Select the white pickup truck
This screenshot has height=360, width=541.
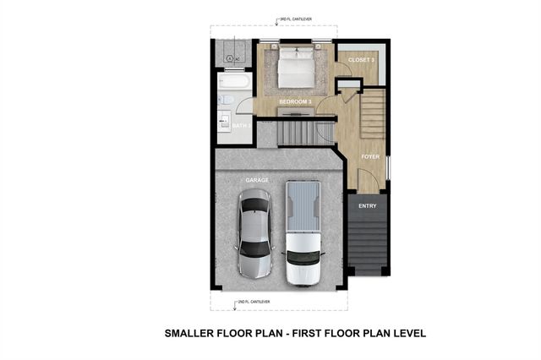coord(302,234)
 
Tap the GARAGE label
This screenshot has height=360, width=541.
coord(257,180)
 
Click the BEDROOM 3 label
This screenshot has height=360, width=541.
coord(296,101)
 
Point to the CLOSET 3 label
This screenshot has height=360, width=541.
coord(362,60)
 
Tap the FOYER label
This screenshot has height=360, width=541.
coord(370,156)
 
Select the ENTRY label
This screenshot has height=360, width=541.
coord(368,205)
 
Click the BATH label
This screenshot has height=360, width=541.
coord(240,126)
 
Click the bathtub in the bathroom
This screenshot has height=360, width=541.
coord(233,83)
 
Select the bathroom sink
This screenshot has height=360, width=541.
coord(226,120)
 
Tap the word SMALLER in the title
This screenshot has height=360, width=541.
coord(195,334)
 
